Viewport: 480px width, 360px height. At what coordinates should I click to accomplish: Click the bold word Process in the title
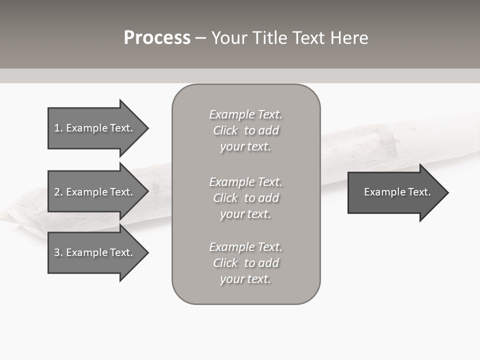(x=157, y=38)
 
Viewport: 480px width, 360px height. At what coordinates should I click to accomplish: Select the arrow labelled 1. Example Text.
(x=93, y=128)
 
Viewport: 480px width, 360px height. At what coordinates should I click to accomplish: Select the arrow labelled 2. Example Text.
(x=93, y=192)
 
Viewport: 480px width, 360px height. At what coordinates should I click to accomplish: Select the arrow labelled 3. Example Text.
(x=93, y=252)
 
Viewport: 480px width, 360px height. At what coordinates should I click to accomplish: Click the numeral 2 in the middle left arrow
(x=57, y=192)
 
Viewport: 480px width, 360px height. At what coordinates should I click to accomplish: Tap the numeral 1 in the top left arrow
(x=57, y=128)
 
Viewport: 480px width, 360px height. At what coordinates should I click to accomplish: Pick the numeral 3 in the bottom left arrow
(x=57, y=252)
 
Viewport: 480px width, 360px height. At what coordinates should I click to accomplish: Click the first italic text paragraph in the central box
(x=245, y=130)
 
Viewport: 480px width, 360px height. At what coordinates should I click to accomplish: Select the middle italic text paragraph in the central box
(x=245, y=198)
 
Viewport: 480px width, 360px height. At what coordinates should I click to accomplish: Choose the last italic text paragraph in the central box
(x=245, y=263)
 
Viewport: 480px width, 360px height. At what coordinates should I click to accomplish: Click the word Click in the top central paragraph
(x=225, y=130)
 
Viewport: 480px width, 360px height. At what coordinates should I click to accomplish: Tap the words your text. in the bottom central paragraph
(x=245, y=279)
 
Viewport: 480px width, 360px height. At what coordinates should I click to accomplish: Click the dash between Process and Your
(x=200, y=38)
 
